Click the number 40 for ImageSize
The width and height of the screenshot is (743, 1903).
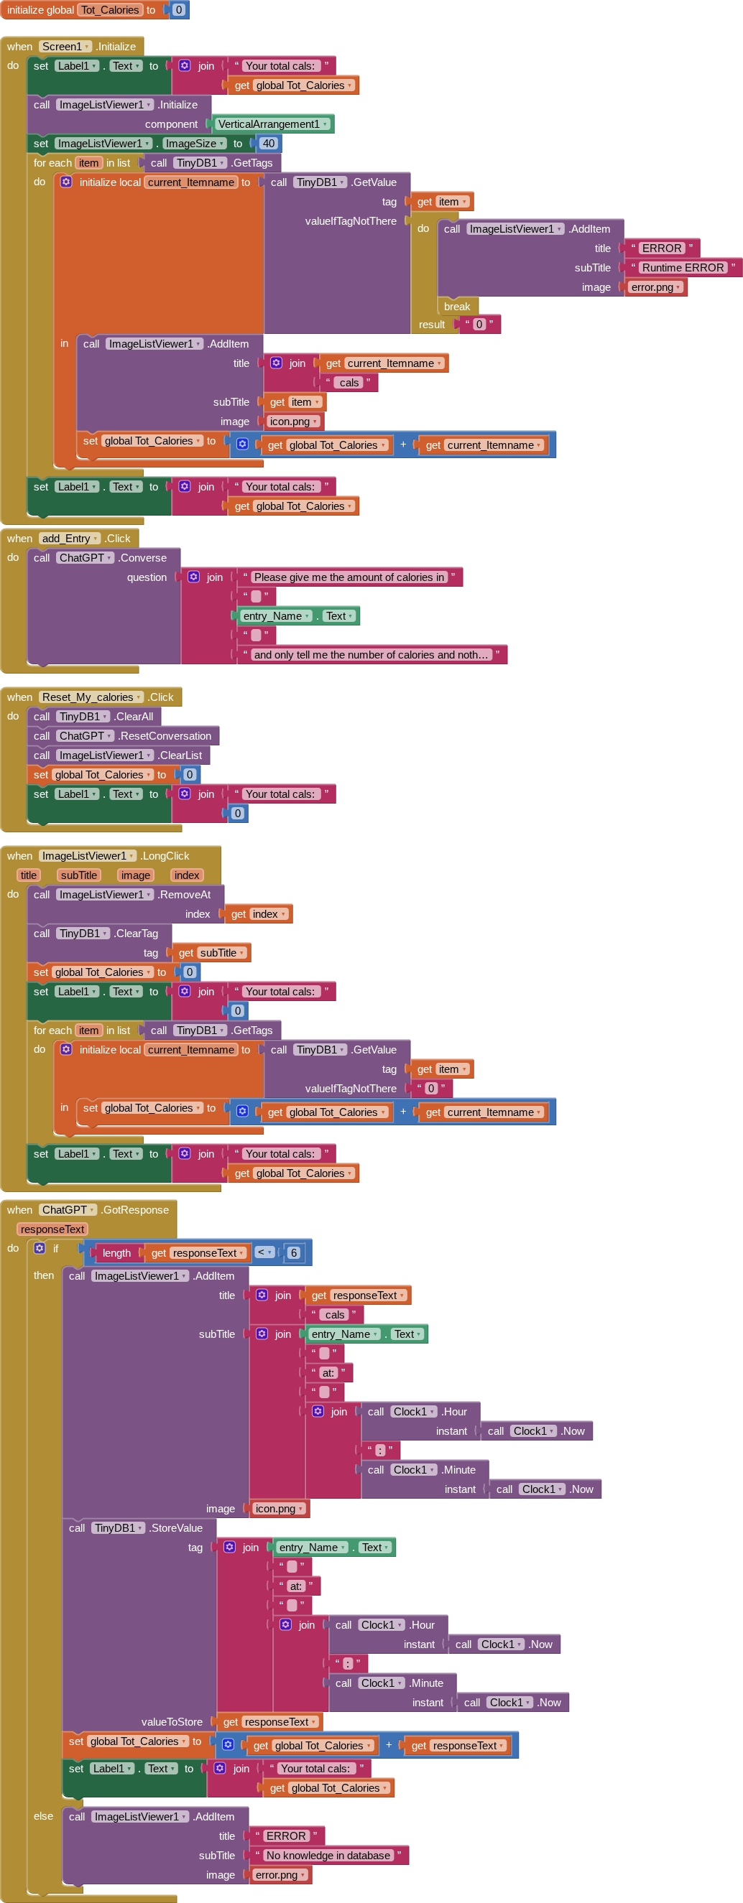click(267, 144)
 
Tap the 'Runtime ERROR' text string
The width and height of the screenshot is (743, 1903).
click(683, 267)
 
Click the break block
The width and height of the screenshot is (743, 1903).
click(457, 307)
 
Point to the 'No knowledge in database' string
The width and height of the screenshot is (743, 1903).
click(328, 1855)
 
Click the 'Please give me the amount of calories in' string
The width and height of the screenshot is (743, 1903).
click(349, 577)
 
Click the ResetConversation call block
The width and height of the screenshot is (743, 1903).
click(164, 736)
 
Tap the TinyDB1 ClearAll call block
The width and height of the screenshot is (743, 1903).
click(133, 717)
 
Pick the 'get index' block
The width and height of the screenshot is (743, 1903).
click(258, 914)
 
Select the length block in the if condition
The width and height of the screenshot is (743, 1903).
click(117, 1253)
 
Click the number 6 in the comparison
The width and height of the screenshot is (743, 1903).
click(293, 1253)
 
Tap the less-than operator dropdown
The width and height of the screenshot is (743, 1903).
click(264, 1252)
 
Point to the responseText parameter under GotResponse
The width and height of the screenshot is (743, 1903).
click(52, 1229)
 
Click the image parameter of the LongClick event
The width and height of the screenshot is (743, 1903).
click(135, 875)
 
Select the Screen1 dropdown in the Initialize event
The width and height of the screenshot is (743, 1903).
click(65, 47)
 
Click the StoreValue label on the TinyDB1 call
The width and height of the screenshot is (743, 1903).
click(176, 1527)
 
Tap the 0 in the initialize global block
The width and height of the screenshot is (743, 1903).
click(178, 9)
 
